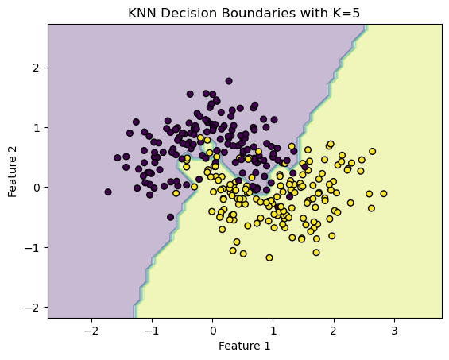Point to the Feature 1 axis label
pos(244,346)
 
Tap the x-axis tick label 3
pos(394,330)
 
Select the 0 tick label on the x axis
pos(212,330)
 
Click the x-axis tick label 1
pos(273,330)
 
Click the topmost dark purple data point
pos(229,81)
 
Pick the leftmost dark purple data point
pos(108,192)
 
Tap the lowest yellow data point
pos(269,257)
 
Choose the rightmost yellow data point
pos(383,193)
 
